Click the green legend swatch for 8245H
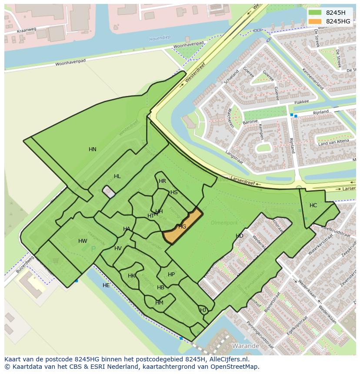[x=316, y=13]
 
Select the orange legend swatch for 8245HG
[x=316, y=21]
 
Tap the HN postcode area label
[x=93, y=149]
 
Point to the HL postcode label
[x=117, y=176]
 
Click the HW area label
[x=83, y=241]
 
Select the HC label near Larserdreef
[x=313, y=205]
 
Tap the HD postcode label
[x=240, y=236]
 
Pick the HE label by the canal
[x=106, y=285]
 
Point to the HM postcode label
[x=159, y=303]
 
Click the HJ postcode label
[x=203, y=310]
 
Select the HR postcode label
[x=162, y=181]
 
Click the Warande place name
[x=246, y=346]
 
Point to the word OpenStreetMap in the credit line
[x=235, y=367]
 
